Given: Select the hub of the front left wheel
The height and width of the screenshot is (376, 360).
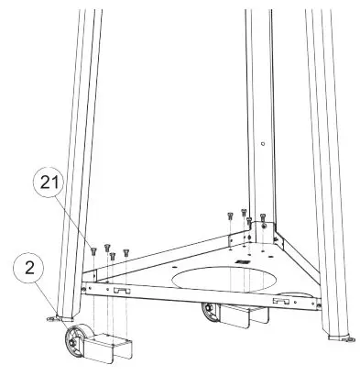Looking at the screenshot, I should coord(71,347).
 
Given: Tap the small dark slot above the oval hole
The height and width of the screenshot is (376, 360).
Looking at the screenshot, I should coord(244,261).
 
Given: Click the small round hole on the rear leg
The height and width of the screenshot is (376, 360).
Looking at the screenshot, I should coord(263,143).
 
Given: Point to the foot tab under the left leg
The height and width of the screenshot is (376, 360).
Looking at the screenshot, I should coord(49,318).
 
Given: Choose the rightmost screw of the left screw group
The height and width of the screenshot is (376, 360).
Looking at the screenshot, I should coord(125,250).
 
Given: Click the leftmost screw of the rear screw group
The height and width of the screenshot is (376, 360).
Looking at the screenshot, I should coord(227,216).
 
